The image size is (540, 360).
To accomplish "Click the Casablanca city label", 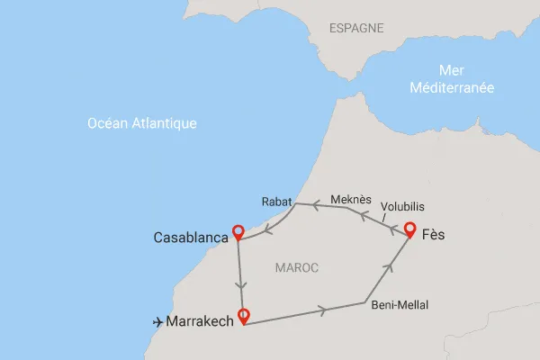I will click(x=190, y=238).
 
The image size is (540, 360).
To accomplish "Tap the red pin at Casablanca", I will click(x=238, y=231).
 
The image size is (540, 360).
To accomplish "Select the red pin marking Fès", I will click(x=409, y=229).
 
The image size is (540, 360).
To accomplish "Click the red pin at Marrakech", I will click(x=243, y=316).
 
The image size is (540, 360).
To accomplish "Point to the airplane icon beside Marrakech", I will click(x=158, y=320).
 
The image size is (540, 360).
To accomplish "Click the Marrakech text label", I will click(x=200, y=320).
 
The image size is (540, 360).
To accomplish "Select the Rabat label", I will click(x=276, y=201).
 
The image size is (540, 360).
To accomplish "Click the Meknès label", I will click(x=346, y=196).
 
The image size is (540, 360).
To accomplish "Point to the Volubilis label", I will click(x=403, y=203).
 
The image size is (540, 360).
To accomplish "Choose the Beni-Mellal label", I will click(x=400, y=305).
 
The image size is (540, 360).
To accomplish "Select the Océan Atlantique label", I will click(x=141, y=123).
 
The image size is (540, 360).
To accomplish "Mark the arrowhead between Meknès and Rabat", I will click(x=318, y=205).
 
